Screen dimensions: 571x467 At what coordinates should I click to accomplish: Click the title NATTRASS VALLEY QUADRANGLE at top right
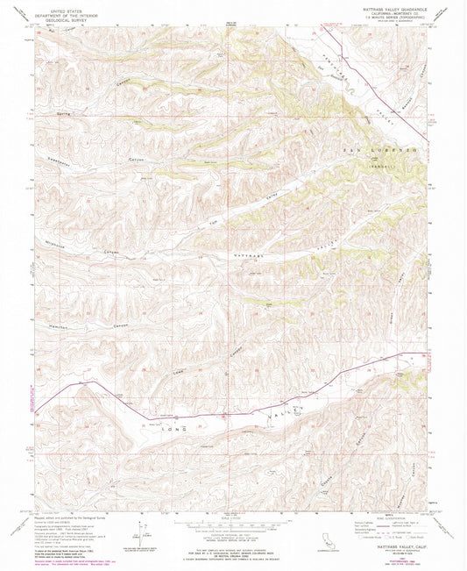tap(387, 10)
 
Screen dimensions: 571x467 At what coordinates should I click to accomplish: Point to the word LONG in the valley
tap(174, 405)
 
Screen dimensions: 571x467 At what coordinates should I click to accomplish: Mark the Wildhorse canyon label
tap(53, 249)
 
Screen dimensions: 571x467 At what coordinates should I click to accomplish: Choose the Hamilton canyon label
tap(51, 303)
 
